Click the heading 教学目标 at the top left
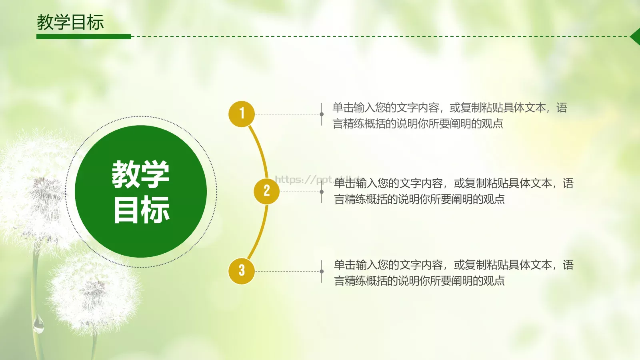point(70,22)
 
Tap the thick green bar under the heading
point(84,36)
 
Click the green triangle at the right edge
point(635,37)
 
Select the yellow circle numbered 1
point(242,114)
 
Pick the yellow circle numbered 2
point(266,191)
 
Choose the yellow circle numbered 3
point(242,271)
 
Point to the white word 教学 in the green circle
point(140,174)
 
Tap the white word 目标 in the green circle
point(141,210)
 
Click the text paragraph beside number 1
point(450,116)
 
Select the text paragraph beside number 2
point(454,191)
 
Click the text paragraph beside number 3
point(454,273)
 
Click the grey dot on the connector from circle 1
point(322,114)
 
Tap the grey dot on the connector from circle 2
point(322,192)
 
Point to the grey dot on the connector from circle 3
point(322,271)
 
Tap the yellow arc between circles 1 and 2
point(260,148)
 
